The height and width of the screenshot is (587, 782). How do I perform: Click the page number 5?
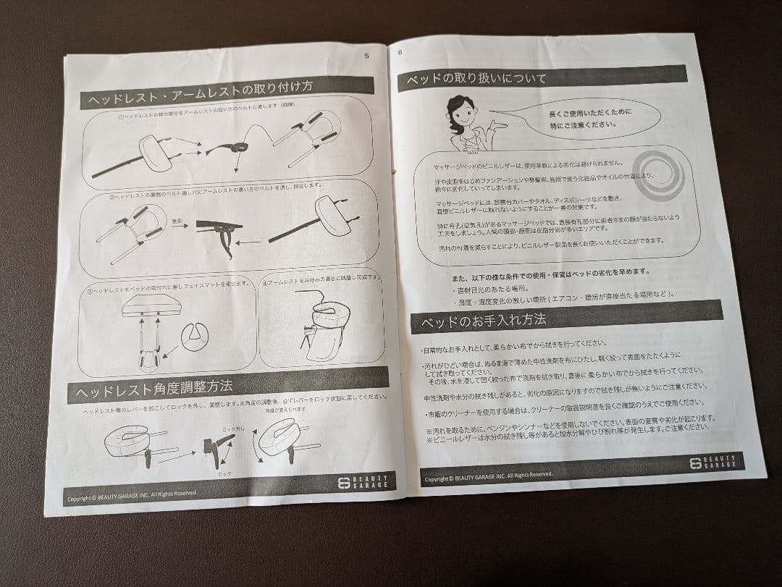[367, 55]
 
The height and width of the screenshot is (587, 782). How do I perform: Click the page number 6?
[400, 51]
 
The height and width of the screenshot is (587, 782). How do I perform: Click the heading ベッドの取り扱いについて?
[476, 78]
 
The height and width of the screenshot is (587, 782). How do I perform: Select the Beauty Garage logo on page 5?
[365, 482]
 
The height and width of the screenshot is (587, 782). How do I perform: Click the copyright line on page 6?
[488, 476]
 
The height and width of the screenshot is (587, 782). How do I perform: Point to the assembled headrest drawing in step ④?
[321, 325]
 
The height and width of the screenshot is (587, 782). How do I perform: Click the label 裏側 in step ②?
[178, 219]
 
